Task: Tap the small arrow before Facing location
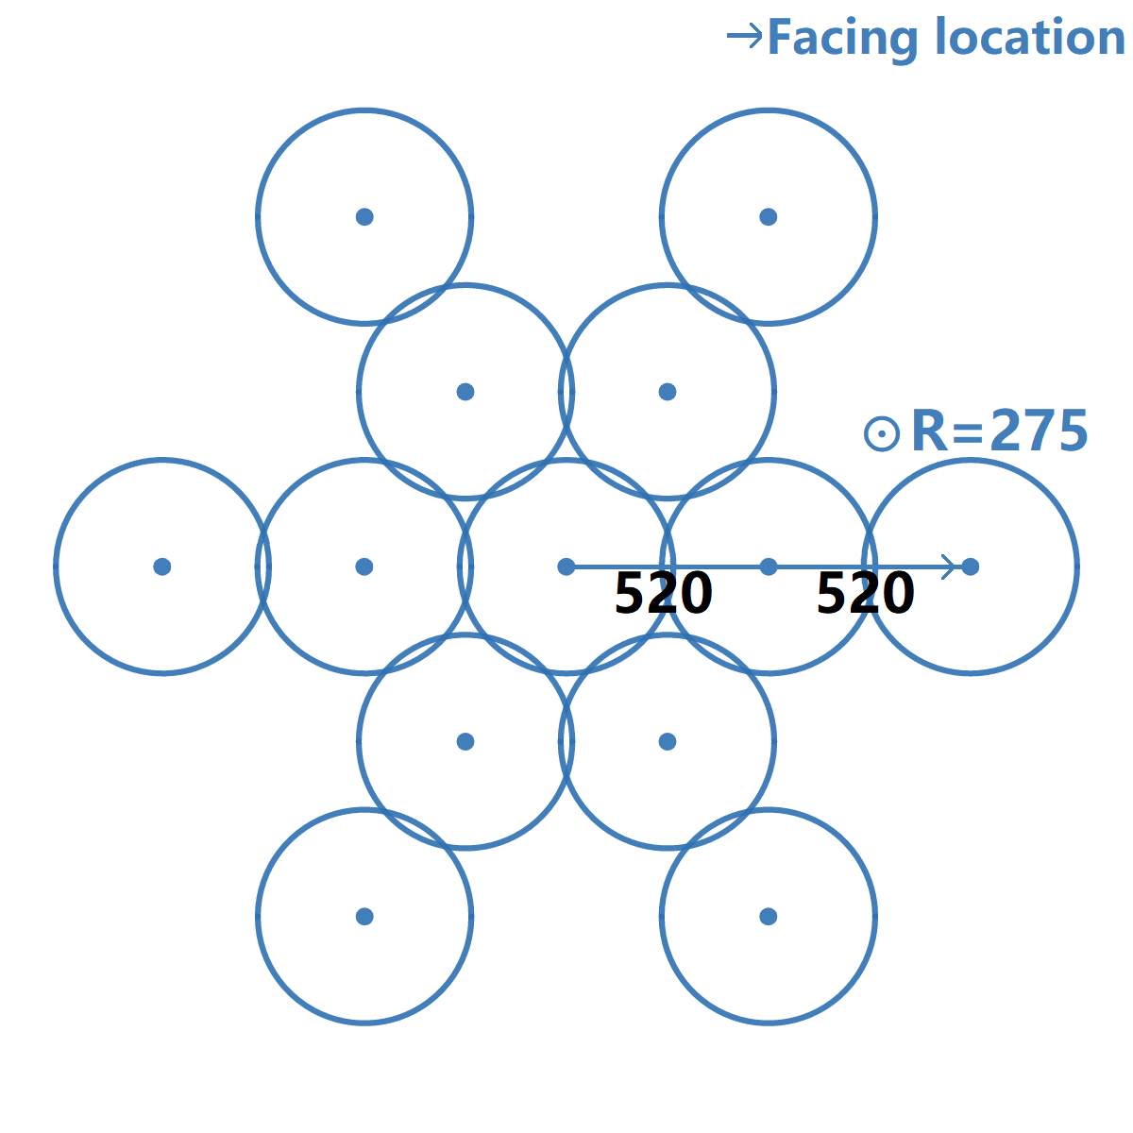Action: coord(744,37)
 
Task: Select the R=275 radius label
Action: coord(999,431)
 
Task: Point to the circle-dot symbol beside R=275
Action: coord(882,433)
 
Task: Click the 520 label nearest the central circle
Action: coord(663,594)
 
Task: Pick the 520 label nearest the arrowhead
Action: coord(865,594)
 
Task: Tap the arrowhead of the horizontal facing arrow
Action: coord(951,566)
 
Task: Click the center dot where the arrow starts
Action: coord(566,566)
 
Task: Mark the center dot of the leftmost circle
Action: coord(162,566)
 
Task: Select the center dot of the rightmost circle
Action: coord(971,566)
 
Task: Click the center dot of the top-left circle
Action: coord(364,217)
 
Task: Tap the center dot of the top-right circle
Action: coord(769,217)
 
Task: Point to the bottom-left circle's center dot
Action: coord(364,916)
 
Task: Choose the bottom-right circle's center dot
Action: coord(769,916)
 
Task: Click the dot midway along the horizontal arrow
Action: coord(769,566)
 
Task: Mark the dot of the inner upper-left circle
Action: coord(465,392)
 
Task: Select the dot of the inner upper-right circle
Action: coord(668,392)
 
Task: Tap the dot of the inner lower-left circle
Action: coord(465,741)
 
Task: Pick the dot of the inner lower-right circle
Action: coord(668,741)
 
